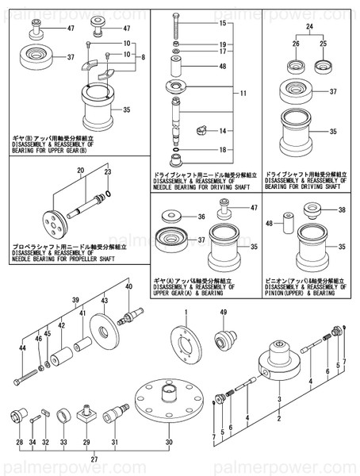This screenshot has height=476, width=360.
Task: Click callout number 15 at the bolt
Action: coord(223,25)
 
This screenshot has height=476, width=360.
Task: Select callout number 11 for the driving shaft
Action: coord(244,93)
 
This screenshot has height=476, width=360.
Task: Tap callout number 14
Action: coord(223,130)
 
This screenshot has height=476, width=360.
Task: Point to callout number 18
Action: coord(223,150)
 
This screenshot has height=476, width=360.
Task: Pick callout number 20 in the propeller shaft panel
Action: coord(81,182)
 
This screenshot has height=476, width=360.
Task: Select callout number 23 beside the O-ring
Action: coord(109,172)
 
